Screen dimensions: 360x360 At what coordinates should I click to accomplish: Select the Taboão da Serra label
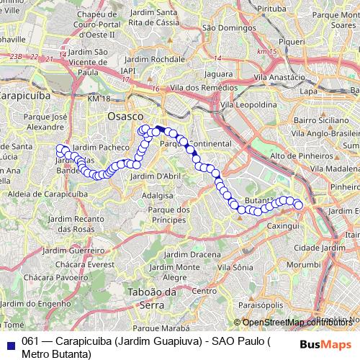click(151, 298)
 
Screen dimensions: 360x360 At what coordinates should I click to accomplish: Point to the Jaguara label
click(219, 73)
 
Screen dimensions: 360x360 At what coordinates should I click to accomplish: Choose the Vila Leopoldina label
click(248, 104)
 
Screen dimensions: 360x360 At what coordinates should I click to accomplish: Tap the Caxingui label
click(283, 225)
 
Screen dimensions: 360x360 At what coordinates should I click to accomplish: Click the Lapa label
click(308, 91)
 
